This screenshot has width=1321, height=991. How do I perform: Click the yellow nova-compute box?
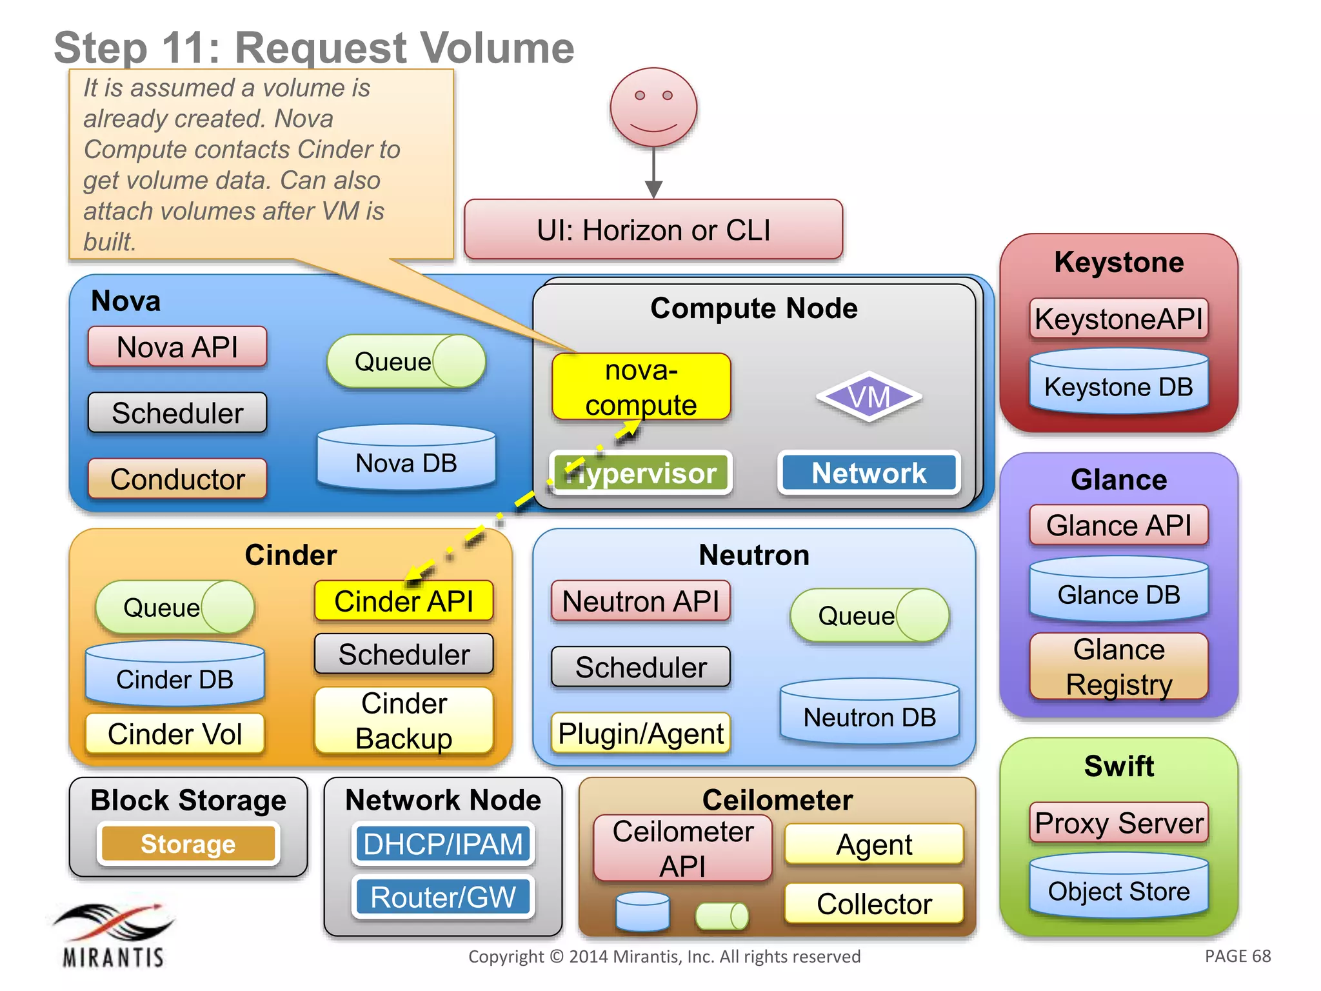pyautogui.click(x=641, y=386)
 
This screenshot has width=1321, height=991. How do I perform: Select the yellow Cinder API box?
pyautogui.click(x=404, y=601)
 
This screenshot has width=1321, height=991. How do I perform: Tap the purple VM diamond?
pyautogui.click(x=869, y=397)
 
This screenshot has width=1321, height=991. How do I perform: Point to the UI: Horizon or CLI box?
pyautogui.click(x=653, y=230)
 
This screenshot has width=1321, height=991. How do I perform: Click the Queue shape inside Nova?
pyautogui.click(x=406, y=361)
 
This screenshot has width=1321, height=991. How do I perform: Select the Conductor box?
pyautogui.click(x=177, y=479)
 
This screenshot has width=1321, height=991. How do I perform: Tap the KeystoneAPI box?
pyautogui.click(x=1118, y=318)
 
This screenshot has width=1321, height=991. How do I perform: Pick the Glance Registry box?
pyautogui.click(x=1118, y=666)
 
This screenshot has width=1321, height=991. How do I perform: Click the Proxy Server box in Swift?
pyautogui.click(x=1118, y=823)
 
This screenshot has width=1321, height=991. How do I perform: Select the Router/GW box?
pyautogui.click(x=443, y=897)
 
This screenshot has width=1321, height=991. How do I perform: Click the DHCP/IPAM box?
pyautogui.click(x=443, y=843)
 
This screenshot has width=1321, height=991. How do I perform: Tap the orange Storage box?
pyautogui.click(x=188, y=843)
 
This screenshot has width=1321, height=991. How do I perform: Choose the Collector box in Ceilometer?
pyautogui.click(x=873, y=903)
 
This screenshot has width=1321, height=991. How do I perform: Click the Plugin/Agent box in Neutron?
pyautogui.click(x=641, y=733)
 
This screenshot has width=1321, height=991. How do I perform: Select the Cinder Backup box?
pyautogui.click(x=404, y=720)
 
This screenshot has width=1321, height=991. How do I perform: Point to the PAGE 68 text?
pyautogui.click(x=1237, y=956)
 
